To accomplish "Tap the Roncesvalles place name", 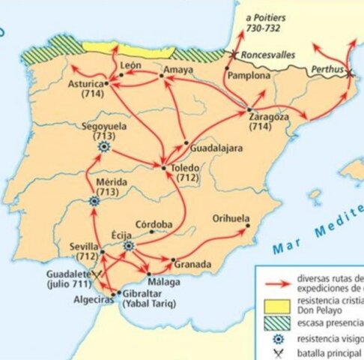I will coord(267,55).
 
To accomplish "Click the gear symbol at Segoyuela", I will coord(104,148).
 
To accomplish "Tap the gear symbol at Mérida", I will coord(94,201).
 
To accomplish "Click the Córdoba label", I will coord(154,223).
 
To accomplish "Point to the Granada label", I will coord(192,265).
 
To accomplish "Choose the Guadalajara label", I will coord(216,148).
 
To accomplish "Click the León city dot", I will coord(121,75).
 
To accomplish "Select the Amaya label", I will coord(178,70).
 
